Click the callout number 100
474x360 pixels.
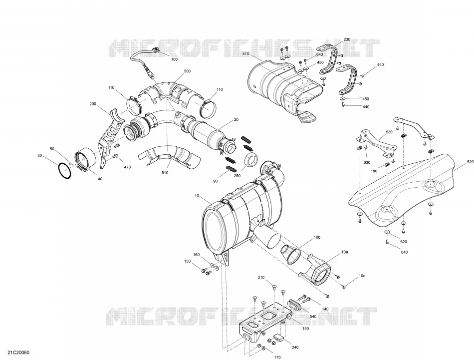(x=175, y=59)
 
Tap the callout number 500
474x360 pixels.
(x=188, y=71)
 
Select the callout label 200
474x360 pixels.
(x=93, y=104)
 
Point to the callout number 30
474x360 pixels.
(x=39, y=155)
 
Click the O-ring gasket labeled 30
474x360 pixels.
(x=65, y=171)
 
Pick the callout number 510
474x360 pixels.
(x=165, y=173)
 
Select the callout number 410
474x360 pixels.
(x=245, y=54)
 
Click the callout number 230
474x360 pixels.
(x=347, y=39)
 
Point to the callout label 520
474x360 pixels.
(x=471, y=162)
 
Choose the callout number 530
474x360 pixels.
(x=389, y=132)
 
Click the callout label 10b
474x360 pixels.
(x=317, y=238)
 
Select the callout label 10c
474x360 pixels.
(x=362, y=276)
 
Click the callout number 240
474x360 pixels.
(x=295, y=348)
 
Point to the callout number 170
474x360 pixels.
(x=277, y=358)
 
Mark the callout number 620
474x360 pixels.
(x=404, y=242)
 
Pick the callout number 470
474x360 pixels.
(x=127, y=167)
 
